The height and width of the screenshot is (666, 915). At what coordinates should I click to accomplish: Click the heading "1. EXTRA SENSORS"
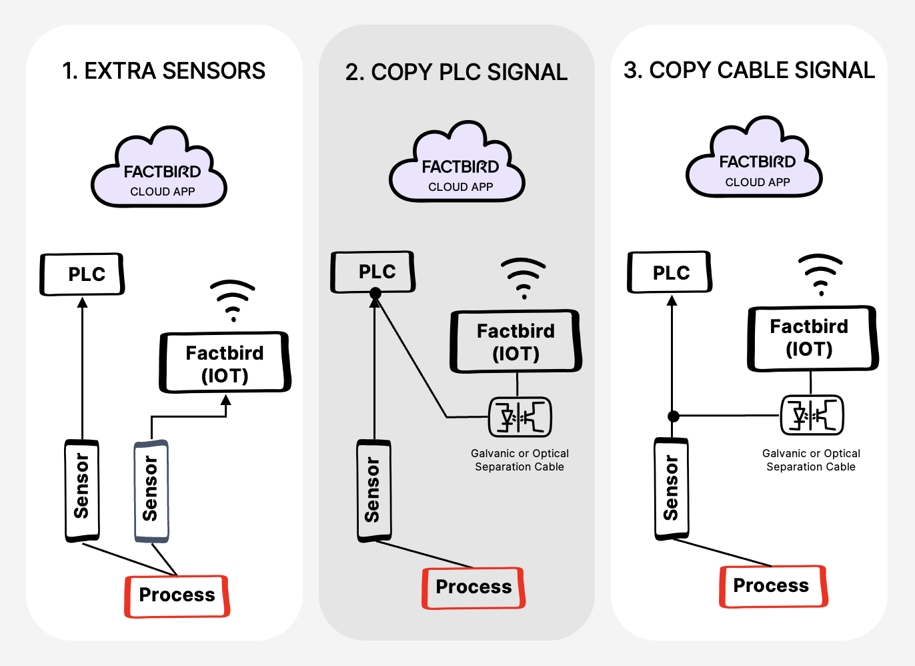click(x=163, y=71)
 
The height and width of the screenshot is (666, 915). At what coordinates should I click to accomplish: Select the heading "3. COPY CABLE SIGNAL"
click(x=748, y=70)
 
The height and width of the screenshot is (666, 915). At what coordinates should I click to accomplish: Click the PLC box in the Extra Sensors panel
click(x=83, y=274)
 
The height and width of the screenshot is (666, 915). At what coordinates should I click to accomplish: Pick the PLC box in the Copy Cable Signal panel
click(x=670, y=272)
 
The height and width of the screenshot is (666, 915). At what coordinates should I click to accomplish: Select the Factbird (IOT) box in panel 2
click(x=516, y=342)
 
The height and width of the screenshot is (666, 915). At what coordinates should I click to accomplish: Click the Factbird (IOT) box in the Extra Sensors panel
click(x=225, y=363)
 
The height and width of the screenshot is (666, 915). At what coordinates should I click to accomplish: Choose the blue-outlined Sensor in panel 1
click(x=151, y=490)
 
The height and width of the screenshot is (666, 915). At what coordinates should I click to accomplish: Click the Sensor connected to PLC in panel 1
click(x=82, y=490)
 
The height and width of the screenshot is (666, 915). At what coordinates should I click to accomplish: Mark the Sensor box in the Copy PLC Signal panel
click(x=373, y=490)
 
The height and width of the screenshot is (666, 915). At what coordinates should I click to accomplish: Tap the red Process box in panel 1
click(x=177, y=596)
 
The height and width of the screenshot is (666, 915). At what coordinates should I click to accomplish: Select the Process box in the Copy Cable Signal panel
click(x=772, y=587)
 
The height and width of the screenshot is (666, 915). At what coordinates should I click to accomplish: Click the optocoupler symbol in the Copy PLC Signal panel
click(x=520, y=417)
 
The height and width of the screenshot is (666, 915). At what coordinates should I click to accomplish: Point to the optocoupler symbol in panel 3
click(x=812, y=415)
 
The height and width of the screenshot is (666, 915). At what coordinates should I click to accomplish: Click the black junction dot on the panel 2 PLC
click(x=375, y=293)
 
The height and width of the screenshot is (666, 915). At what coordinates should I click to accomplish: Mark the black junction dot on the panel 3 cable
click(x=674, y=416)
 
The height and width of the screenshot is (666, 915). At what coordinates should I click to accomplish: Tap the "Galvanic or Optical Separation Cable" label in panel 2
click(x=520, y=460)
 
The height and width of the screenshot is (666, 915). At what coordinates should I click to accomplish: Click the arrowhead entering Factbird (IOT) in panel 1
click(x=226, y=400)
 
